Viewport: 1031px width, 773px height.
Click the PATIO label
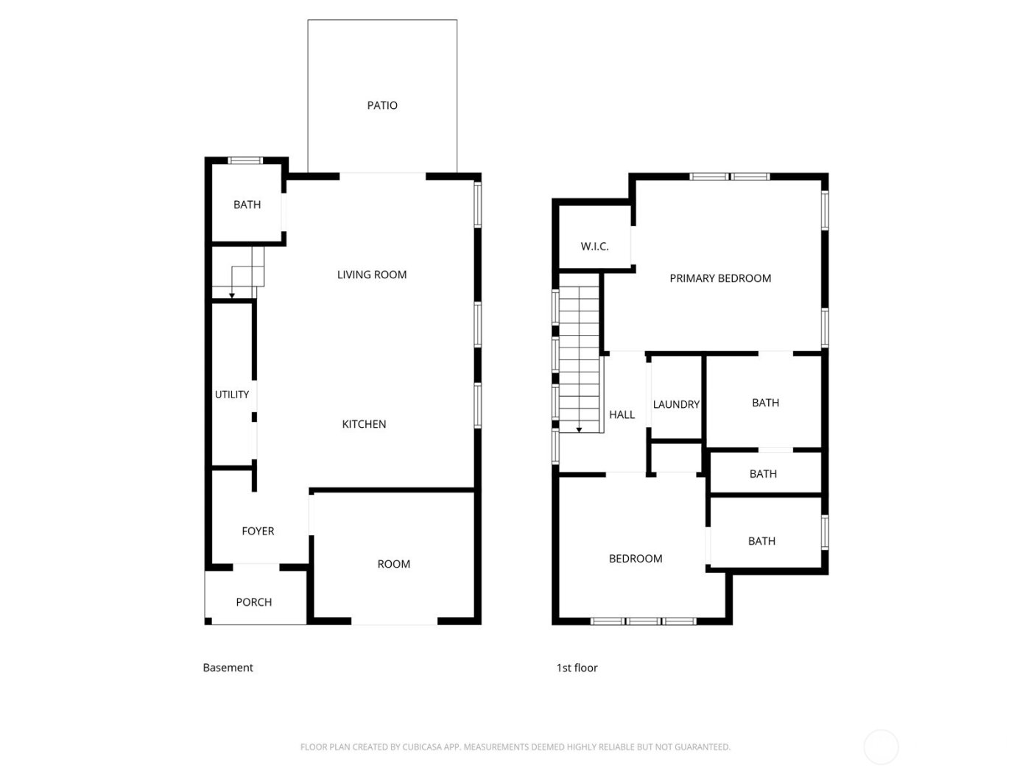(382, 105)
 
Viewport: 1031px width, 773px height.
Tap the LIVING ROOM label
(372, 275)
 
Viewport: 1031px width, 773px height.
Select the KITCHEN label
(364, 424)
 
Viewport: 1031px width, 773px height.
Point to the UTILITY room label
(232, 395)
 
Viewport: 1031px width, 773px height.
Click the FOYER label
(258, 531)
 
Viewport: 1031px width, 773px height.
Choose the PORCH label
(254, 602)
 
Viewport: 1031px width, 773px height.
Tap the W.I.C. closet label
(594, 246)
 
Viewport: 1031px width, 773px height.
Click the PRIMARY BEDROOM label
(720, 278)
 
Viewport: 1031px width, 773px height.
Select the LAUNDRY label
(676, 404)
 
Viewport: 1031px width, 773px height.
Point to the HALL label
(622, 414)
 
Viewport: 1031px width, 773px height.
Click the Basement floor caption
(228, 668)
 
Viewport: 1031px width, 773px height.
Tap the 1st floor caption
(577, 668)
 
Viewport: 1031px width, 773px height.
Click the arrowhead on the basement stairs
(232, 296)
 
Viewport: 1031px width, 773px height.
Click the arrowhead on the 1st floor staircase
(580, 429)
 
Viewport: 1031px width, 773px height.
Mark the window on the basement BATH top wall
(245, 160)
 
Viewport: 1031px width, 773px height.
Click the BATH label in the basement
(247, 205)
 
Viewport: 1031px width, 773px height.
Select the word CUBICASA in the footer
(423, 747)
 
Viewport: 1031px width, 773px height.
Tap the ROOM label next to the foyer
(393, 564)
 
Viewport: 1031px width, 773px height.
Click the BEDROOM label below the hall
(636, 559)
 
